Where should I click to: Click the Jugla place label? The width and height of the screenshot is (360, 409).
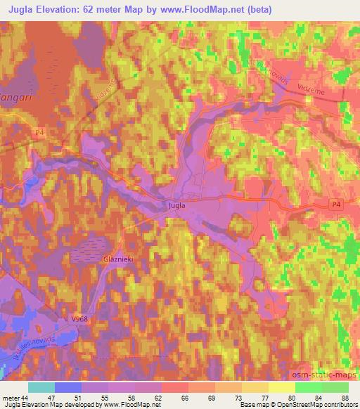coord(177,206)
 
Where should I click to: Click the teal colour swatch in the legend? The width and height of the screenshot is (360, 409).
coord(42,387)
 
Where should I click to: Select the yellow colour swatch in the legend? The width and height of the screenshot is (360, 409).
coord(282,387)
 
